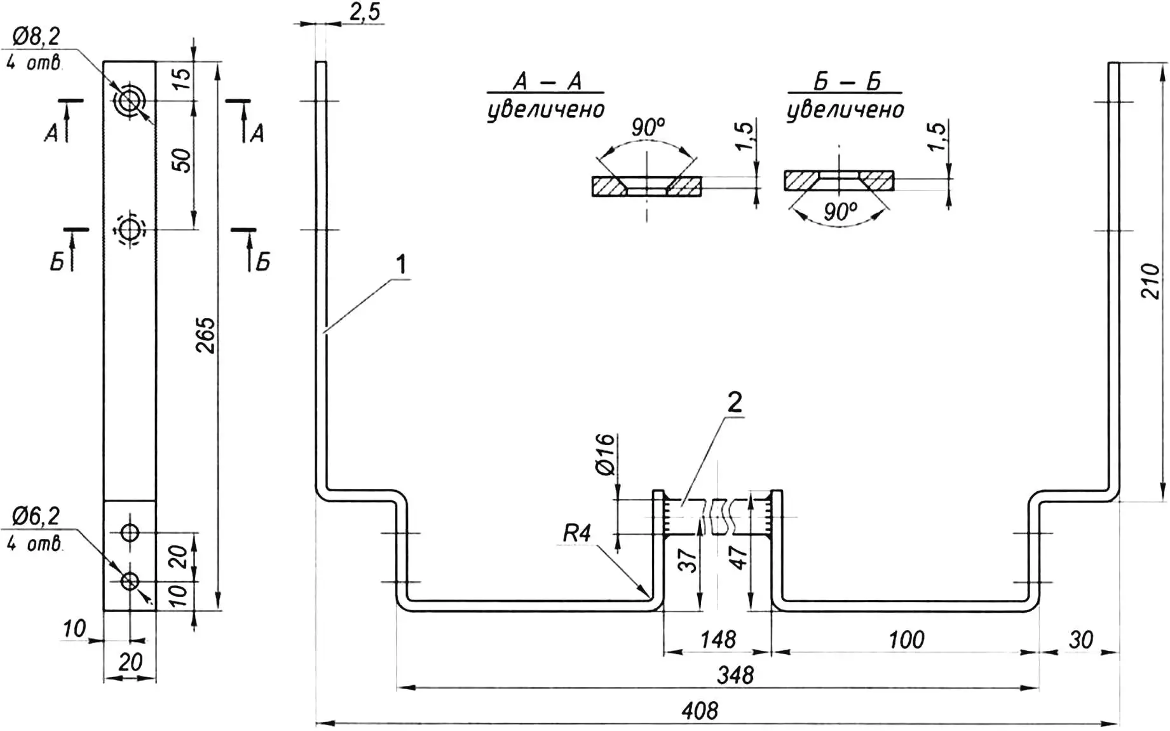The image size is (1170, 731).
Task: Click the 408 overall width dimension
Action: [x=700, y=711]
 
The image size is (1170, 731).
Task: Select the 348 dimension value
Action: [x=735, y=675]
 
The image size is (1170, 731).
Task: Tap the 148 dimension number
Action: [x=718, y=639]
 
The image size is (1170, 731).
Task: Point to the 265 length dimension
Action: [x=205, y=336]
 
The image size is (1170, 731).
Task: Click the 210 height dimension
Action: [x=1151, y=281]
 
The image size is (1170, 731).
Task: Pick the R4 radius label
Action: [x=577, y=533]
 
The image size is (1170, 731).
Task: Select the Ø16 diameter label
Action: [x=606, y=454]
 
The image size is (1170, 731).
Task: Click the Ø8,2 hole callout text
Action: [x=36, y=37]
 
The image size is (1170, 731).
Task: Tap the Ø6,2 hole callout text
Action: [x=36, y=516]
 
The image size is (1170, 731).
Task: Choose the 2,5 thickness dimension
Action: [x=365, y=12]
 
